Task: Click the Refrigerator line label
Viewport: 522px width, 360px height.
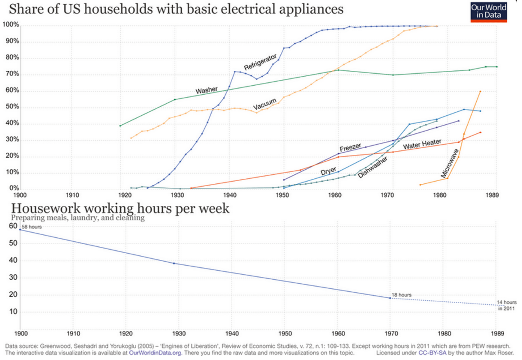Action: pos(260,62)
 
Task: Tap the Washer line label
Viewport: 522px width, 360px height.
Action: pos(206,90)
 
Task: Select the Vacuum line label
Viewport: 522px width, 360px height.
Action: pos(265,104)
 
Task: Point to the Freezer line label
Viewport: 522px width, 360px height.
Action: pos(350,147)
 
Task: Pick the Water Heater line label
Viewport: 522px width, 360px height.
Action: pos(422,144)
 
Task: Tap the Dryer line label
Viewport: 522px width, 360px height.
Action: pos(328,171)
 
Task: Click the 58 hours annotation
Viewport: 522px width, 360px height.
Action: pos(32,227)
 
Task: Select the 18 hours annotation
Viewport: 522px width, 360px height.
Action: pos(401,295)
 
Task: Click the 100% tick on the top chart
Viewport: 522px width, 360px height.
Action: pos(11,25)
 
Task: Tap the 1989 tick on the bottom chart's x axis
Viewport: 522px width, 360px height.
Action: pos(497,333)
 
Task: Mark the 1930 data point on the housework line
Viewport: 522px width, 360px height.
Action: pos(174,263)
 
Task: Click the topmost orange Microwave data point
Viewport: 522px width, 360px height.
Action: pos(480,91)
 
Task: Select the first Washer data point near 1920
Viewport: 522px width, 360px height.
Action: pos(120,126)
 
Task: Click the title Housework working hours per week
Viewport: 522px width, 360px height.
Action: pos(120,209)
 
